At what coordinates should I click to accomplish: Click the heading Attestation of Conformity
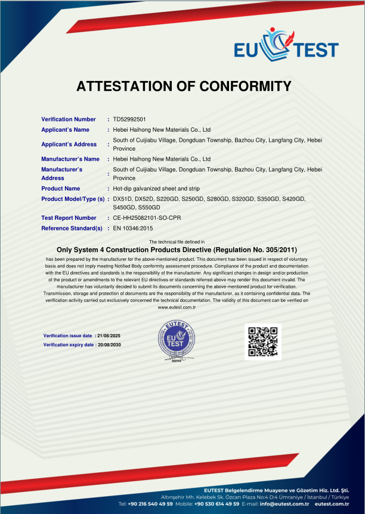(183, 86)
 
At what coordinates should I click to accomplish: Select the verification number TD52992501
(129, 120)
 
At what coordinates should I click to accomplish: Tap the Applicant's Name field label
(65, 130)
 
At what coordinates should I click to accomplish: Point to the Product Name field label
(60, 189)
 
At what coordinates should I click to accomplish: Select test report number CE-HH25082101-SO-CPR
(147, 218)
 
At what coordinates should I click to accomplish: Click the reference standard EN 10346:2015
(133, 228)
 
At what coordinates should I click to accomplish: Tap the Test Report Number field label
(69, 218)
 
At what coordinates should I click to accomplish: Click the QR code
(263, 341)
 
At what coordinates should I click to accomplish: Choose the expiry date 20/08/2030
(109, 345)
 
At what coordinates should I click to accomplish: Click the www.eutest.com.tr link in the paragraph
(177, 307)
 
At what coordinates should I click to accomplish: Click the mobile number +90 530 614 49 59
(214, 504)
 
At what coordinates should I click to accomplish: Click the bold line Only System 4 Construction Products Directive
(177, 250)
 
